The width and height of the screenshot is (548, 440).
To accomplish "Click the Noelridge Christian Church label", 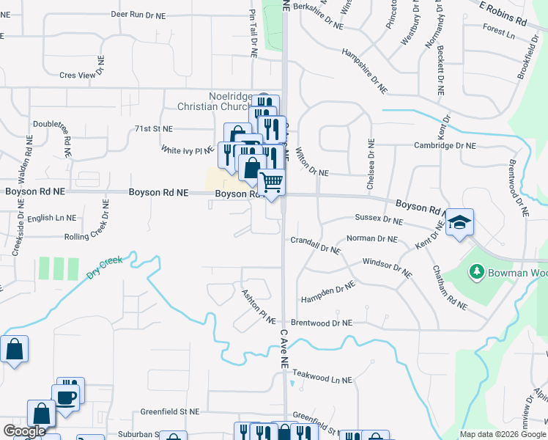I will coord(219,101).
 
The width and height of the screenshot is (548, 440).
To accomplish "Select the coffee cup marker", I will coord(66,397).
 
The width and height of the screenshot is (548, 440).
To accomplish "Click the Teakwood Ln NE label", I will coord(321,381).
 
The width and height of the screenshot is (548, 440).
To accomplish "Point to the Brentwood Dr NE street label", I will coord(322,323).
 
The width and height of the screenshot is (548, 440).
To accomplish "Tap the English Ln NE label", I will coord(51,218).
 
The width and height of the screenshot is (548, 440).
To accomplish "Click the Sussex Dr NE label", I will coord(379,219).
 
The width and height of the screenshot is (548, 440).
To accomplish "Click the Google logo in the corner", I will coord(24,431).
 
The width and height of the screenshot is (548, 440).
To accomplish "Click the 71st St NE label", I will coord(152,128).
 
